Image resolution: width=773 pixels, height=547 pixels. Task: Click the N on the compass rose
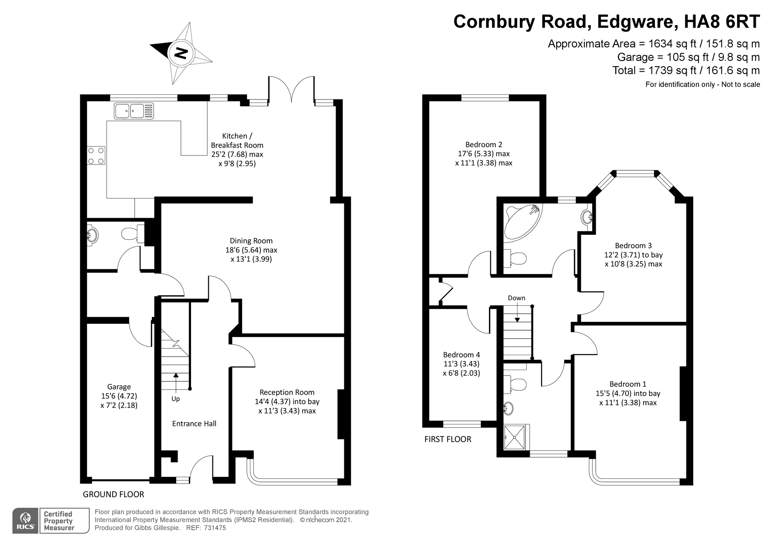click(181, 53)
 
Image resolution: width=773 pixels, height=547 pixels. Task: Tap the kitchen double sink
click(134, 111)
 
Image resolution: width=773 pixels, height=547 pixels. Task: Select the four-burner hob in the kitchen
click(96, 155)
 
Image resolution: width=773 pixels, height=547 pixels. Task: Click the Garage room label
click(119, 387)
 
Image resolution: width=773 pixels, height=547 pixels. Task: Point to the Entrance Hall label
click(194, 423)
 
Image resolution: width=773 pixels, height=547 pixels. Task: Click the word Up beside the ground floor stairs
click(176, 399)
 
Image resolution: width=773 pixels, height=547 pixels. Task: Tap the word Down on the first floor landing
click(516, 298)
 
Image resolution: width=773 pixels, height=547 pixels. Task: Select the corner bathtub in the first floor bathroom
click(521, 221)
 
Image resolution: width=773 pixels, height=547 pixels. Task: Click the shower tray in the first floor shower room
click(514, 437)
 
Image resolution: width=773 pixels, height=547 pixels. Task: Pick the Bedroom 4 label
click(461, 355)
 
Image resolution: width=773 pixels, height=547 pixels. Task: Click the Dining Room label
click(251, 241)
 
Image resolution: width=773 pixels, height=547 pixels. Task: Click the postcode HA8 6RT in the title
click(721, 22)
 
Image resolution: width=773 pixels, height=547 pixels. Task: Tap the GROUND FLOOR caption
click(113, 495)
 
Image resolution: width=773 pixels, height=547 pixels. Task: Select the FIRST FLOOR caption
click(448, 439)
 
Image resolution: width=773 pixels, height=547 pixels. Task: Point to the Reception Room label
click(287, 392)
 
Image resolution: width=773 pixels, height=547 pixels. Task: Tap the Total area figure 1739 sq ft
click(678, 70)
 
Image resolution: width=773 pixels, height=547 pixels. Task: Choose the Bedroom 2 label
click(484, 144)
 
